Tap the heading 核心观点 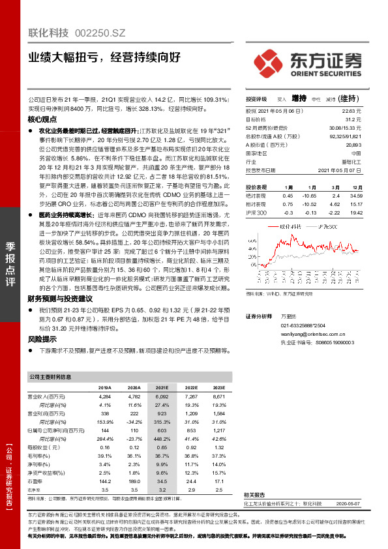[x=42, y=121]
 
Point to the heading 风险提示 [x=42, y=339]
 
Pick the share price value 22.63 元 [x=353, y=112]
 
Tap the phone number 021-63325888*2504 [x=303, y=325]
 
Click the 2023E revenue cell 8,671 [x=218, y=396]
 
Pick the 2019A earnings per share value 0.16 [x=104, y=448]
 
